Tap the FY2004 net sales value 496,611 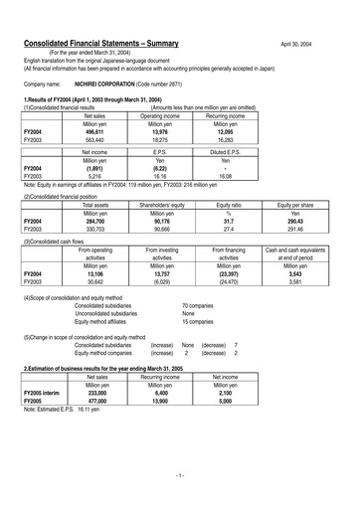pyautogui.click(x=94, y=132)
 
